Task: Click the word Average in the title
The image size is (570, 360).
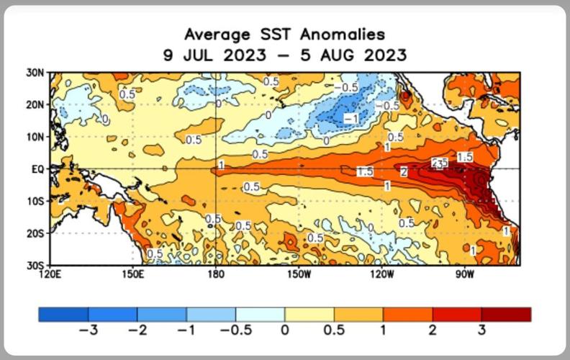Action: [x=214, y=35]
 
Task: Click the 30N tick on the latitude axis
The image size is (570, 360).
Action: [x=35, y=72]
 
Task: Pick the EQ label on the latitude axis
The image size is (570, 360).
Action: [x=37, y=169]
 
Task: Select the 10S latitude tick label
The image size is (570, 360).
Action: [x=35, y=202]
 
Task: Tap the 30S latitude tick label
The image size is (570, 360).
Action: [x=35, y=266]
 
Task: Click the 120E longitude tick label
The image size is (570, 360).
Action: [x=51, y=274]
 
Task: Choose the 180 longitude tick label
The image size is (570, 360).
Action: [x=216, y=274]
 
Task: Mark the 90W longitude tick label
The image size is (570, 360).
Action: [x=464, y=274]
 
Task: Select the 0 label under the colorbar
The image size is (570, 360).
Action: [x=284, y=330]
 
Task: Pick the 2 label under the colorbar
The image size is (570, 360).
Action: [x=433, y=330]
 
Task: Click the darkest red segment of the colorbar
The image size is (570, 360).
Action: [x=506, y=315]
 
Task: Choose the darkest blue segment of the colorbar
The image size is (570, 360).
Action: [x=63, y=315]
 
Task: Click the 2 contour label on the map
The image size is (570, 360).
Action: [x=404, y=172]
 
